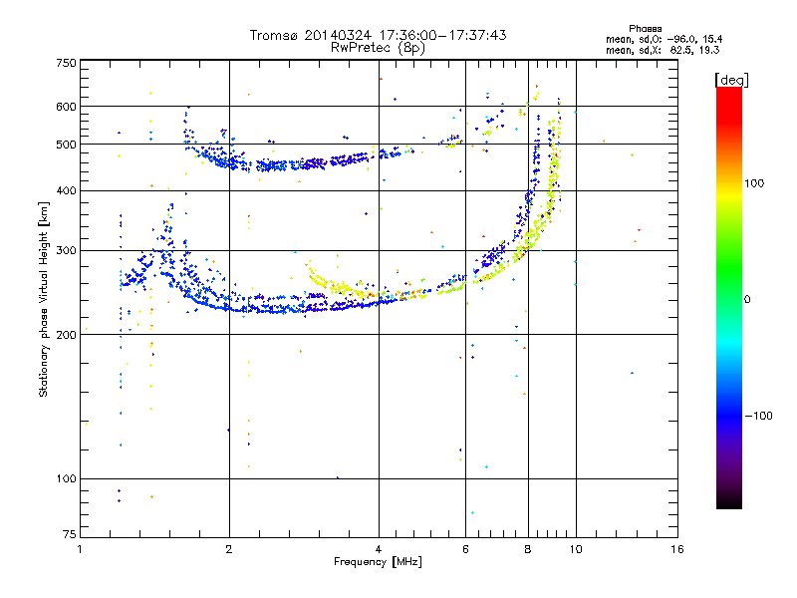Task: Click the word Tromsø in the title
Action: [275, 35]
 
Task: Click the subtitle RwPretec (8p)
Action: [378, 48]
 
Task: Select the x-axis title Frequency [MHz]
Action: [378, 562]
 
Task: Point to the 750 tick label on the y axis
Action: [67, 63]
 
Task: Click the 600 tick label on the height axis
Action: [67, 107]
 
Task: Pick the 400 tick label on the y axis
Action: [67, 190]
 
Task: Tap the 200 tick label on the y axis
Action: [67, 335]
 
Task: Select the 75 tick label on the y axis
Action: [70, 534]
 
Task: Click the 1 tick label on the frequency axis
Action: [80, 549]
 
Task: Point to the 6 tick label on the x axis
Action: [465, 549]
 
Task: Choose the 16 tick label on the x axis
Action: [677, 549]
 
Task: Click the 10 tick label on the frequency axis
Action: [576, 549]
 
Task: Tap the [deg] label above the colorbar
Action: [731, 80]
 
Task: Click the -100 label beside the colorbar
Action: [758, 416]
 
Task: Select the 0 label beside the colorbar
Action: [747, 300]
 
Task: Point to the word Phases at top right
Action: [645, 29]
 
